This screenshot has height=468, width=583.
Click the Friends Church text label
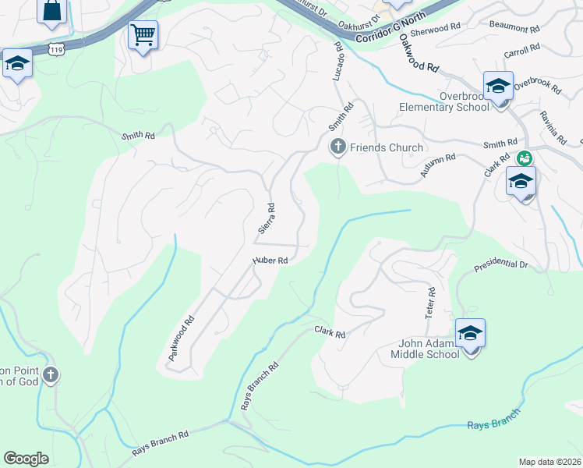coord(387,147)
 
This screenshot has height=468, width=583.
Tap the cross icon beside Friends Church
coord(338,147)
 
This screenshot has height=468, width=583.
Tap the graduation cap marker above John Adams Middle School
coord(470,334)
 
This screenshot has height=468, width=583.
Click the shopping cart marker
coord(143,35)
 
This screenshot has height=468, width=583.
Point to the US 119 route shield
coord(55,49)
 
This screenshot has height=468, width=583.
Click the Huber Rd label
coord(270,261)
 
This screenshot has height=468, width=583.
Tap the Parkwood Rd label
coord(180,339)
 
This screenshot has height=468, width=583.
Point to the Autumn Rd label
coord(438,165)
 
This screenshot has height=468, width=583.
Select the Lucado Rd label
coord(338,63)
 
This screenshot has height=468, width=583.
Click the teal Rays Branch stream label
coord(493,424)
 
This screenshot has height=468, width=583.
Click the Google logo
coord(26,459)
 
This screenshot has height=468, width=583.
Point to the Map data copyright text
coord(549,462)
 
